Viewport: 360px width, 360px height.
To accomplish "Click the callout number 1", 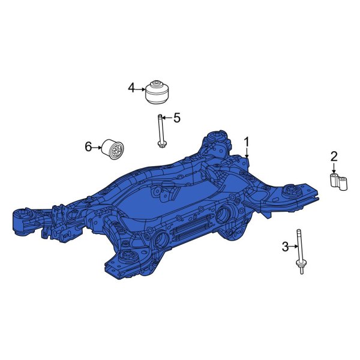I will click(x=246, y=142).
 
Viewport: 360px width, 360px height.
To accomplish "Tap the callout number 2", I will click(x=334, y=157).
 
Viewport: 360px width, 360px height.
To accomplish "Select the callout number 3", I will click(x=286, y=246).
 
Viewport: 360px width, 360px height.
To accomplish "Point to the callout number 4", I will click(x=132, y=88).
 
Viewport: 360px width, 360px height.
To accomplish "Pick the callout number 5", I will click(x=176, y=118).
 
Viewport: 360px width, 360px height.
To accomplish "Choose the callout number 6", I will click(x=88, y=146).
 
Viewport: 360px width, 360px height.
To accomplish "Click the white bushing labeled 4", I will click(x=158, y=92).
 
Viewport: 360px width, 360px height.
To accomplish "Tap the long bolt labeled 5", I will click(x=161, y=130).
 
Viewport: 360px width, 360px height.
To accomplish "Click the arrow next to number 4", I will click(x=142, y=89).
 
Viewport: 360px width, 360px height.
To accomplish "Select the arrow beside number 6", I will click(x=97, y=146).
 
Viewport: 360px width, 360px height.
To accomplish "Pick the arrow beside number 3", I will click(x=293, y=246).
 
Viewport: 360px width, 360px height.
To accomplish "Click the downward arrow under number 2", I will click(x=334, y=169).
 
